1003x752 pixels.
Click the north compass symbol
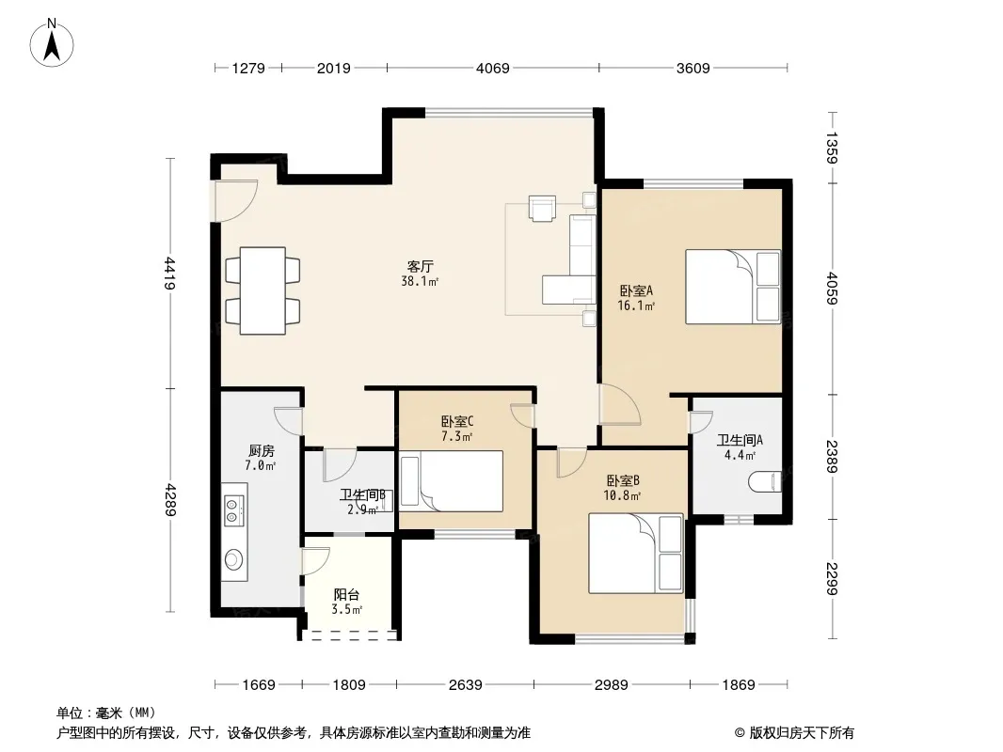pos(52,43)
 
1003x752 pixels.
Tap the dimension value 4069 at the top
pos(492,68)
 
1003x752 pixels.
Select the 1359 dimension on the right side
pos(831,148)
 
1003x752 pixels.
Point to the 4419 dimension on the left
pos(169,273)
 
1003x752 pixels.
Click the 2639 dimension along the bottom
pos(465,685)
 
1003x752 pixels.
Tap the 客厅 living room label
pos(420,266)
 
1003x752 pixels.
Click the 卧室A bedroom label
pos(636,290)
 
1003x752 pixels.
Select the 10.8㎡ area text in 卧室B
pos(622,495)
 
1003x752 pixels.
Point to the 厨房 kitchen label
pos(261,451)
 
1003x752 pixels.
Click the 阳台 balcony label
pos(346,595)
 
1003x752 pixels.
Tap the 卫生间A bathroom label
pos(740,440)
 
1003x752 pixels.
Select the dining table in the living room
pos(263,290)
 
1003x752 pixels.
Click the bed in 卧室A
pos(733,287)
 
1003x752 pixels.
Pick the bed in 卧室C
pos(451,481)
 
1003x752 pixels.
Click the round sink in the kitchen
pos(233,560)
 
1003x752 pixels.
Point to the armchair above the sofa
pos(543,209)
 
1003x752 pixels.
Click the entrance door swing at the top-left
pos(236,200)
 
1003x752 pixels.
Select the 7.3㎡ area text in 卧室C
pos(456,437)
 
